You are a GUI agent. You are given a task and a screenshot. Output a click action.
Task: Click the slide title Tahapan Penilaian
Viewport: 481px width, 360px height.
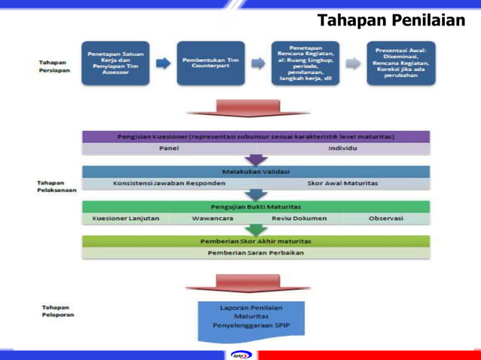(391, 20)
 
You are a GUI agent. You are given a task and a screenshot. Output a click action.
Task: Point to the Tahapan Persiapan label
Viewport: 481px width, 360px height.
(52, 66)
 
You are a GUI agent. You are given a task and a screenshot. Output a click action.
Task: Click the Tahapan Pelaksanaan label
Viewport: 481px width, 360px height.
(54, 186)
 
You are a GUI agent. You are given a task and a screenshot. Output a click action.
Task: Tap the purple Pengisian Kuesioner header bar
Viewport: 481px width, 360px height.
(256, 137)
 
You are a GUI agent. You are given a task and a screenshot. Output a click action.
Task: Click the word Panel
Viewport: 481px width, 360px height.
(168, 149)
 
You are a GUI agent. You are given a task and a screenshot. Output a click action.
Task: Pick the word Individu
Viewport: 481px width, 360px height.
(342, 149)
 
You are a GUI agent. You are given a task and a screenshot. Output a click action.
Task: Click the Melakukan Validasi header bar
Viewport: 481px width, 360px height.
(256, 172)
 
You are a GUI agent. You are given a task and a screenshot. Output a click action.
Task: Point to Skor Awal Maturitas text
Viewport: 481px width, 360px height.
(342, 183)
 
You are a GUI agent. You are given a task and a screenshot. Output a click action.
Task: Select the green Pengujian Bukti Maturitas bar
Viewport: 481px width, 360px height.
(256, 206)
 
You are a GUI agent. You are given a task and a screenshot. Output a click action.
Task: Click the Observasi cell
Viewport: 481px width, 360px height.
(386, 218)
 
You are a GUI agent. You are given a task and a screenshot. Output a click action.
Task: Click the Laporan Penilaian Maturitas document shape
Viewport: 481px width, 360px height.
(251, 317)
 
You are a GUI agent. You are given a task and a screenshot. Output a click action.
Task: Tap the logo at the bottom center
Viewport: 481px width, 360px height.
(240, 353)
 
